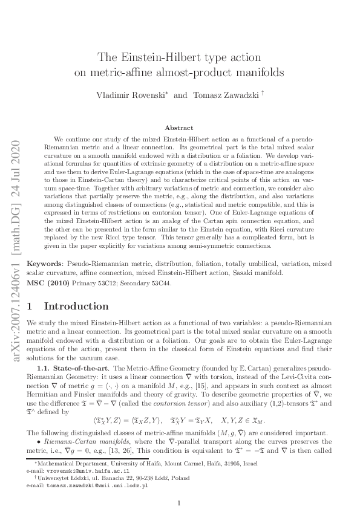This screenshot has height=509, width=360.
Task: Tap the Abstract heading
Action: tap(179, 128)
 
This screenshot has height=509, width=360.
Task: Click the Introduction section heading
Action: tap(76, 306)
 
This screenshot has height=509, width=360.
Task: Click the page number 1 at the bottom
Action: tap(180, 503)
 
